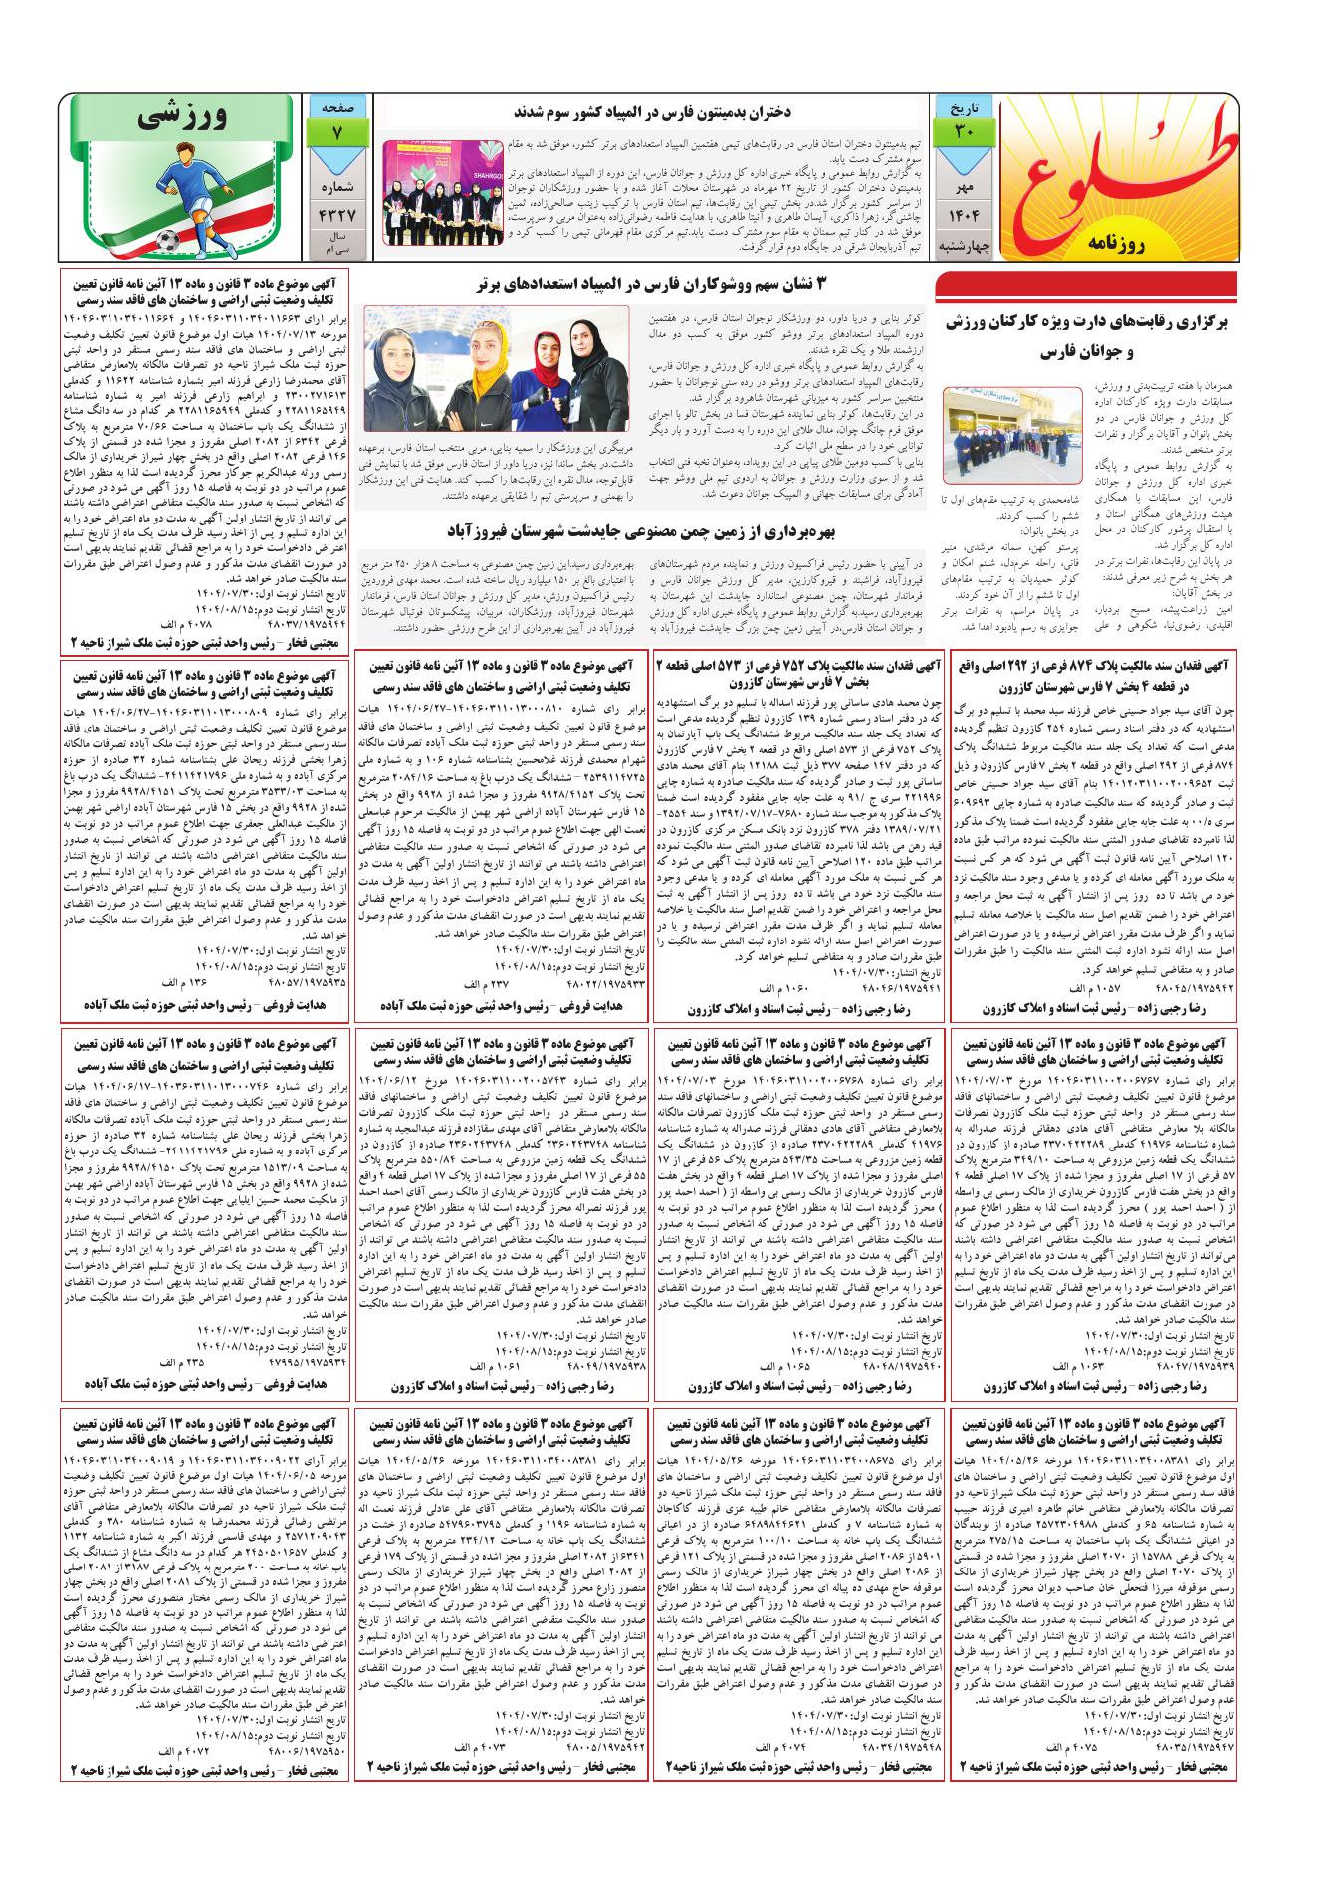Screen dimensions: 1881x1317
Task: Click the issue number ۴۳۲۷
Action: click(335, 214)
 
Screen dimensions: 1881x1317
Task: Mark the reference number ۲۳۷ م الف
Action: click(485, 983)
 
